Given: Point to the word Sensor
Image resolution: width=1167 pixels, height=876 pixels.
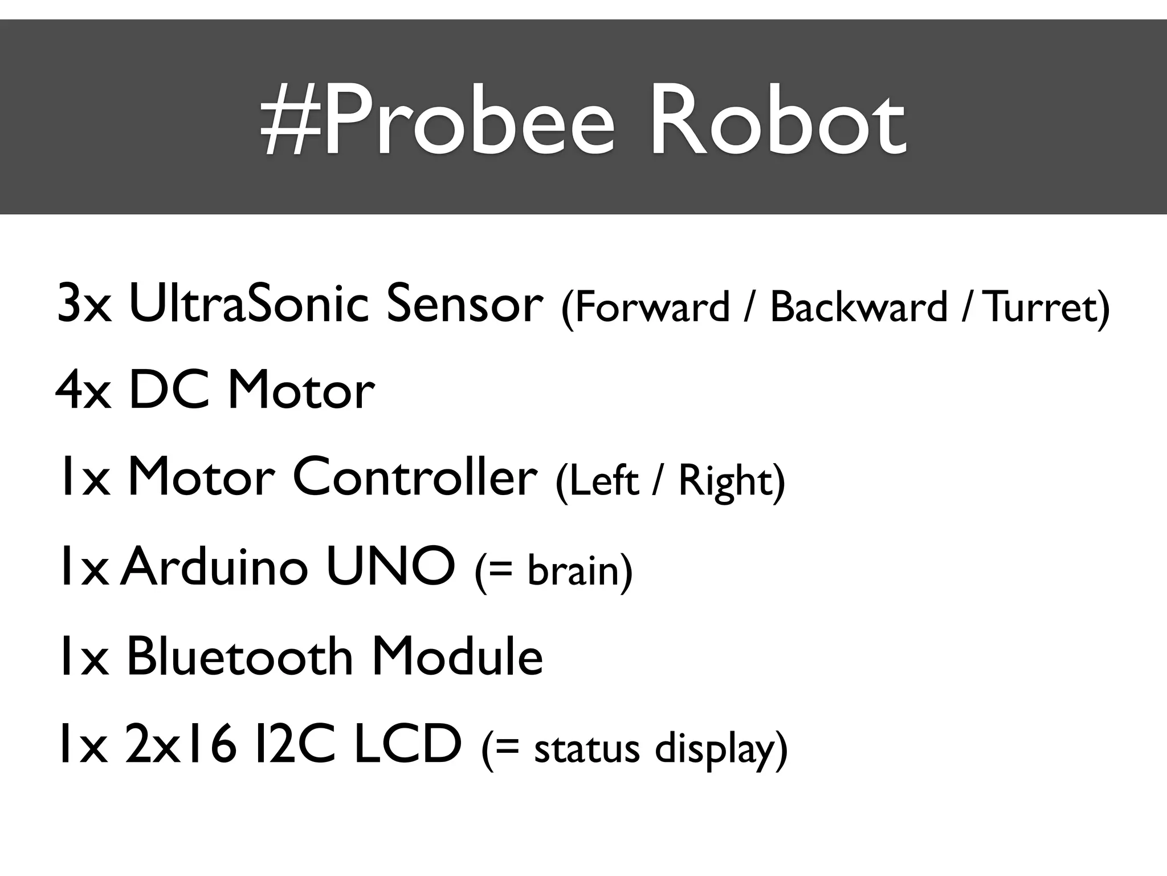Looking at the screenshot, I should pos(464,303).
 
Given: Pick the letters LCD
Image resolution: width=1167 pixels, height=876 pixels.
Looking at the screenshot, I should pos(407,744).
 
